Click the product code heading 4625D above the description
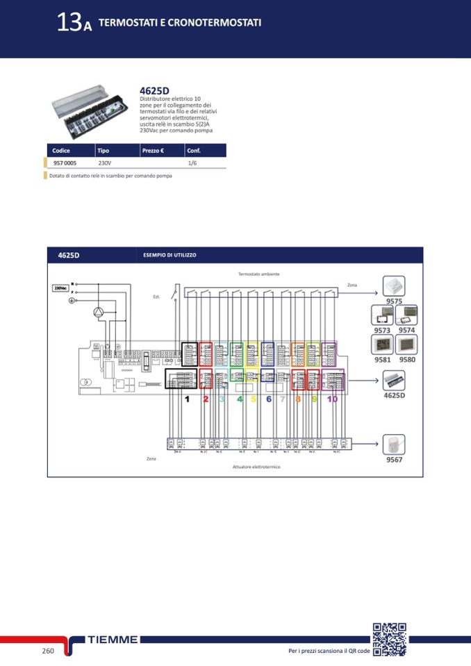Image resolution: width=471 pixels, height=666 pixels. click(154, 90)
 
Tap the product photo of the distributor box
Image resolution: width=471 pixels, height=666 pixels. click(90, 111)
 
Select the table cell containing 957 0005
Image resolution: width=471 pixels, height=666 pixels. click(65, 163)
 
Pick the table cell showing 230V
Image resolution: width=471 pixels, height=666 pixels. click(104, 163)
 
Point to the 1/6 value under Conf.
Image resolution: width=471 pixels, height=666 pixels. click(192, 163)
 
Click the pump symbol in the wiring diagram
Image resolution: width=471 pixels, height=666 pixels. click(101, 313)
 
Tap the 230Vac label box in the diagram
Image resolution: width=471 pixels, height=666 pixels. click(60, 287)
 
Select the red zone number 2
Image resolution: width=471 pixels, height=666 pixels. click(206, 399)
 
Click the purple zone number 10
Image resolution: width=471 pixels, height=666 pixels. click(332, 399)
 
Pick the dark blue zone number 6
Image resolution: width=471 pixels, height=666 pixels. click(268, 399)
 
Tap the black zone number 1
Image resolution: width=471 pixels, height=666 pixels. click(187, 399)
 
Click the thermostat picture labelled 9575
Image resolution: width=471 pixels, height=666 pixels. click(395, 286)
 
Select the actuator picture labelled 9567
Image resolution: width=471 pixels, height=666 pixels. click(395, 444)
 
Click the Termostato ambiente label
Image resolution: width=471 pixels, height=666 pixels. click(258, 274)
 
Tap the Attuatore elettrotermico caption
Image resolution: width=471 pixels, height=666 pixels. click(256, 467)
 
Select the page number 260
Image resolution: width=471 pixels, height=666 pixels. click(48, 651)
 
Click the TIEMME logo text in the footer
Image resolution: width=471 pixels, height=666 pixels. click(113, 640)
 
